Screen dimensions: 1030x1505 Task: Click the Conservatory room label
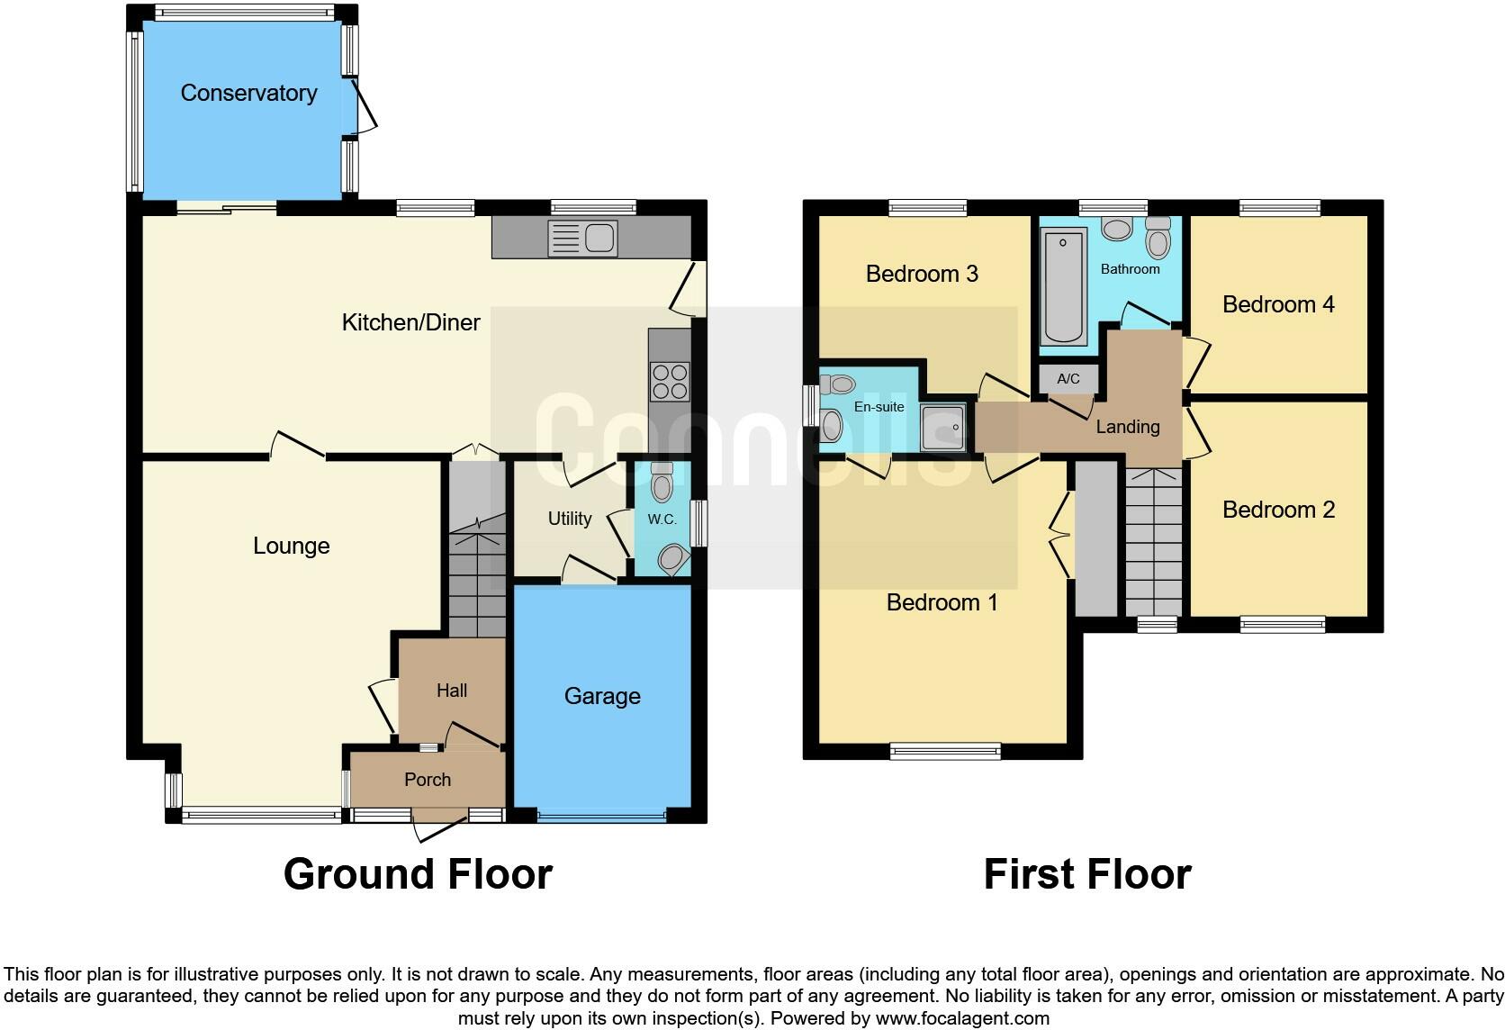pos(248,93)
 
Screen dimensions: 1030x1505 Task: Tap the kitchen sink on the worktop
pos(583,239)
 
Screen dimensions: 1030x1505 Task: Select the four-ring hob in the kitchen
pos(670,380)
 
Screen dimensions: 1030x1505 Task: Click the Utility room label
pos(570,519)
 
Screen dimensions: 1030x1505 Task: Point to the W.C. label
pos(662,520)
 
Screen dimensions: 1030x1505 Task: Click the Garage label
pos(602,696)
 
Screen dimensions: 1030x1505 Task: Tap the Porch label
pos(428,780)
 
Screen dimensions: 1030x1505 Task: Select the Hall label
pos(452,691)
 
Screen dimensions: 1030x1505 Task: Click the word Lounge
pos(291,546)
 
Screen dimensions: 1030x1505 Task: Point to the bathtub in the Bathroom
pos(1063,286)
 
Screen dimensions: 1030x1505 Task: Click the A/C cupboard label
pos(1068,379)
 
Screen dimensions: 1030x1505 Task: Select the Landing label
pos(1127,427)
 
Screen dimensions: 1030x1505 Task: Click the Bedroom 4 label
pos(1278,304)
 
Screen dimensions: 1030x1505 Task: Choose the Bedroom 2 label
pos(1278,510)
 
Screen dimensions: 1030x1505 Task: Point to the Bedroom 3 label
pos(922,274)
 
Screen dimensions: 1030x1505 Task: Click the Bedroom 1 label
pos(942,602)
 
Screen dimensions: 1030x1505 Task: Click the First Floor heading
pos(1087,874)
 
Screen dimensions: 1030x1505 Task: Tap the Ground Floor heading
pos(418,874)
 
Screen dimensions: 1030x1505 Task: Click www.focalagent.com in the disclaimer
pos(962,1018)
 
